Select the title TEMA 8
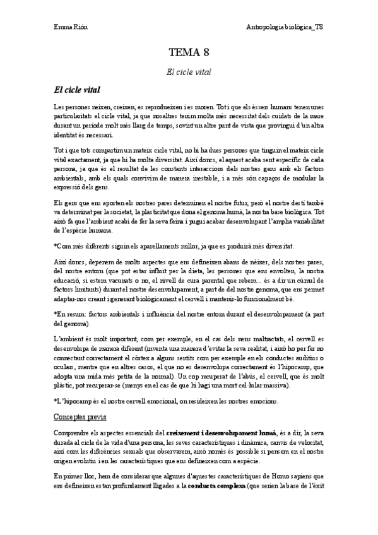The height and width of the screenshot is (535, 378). coord(189,54)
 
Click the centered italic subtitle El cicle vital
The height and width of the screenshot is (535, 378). coord(189,73)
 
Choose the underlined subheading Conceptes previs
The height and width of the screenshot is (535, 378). coord(80,417)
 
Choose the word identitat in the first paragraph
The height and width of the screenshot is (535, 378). coord(67,135)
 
